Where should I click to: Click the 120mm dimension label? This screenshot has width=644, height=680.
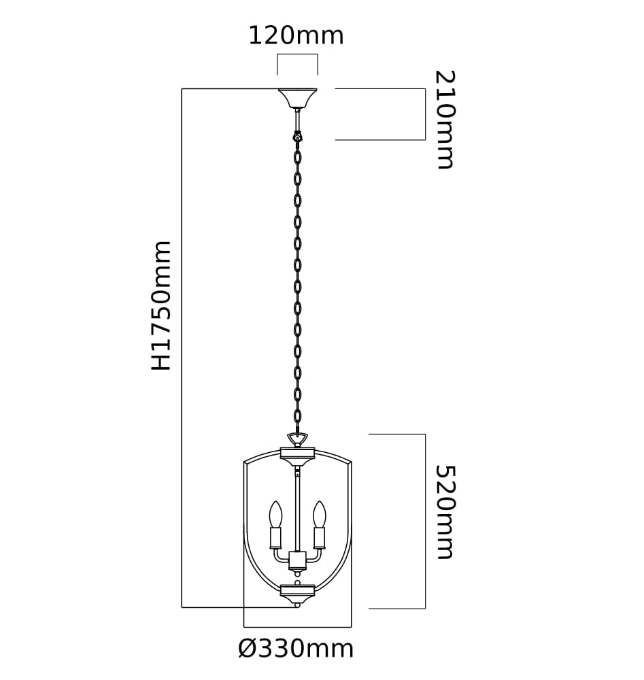(x=296, y=35)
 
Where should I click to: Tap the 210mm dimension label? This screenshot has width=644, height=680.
(x=445, y=119)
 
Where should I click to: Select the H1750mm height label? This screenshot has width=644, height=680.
(x=161, y=306)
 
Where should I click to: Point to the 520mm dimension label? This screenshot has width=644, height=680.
(x=445, y=512)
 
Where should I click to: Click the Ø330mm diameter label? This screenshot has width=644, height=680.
(x=296, y=649)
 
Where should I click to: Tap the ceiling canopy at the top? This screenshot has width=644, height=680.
(x=297, y=99)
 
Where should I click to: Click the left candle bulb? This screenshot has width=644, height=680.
(x=275, y=514)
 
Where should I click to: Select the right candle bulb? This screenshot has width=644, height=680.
(x=320, y=514)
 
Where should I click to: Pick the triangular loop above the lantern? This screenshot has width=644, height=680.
(x=297, y=439)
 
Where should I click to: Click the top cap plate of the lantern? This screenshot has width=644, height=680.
(x=297, y=454)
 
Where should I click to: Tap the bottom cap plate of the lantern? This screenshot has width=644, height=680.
(x=297, y=590)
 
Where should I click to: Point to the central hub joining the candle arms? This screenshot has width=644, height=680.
(x=297, y=561)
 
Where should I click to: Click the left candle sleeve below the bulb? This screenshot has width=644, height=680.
(x=275, y=538)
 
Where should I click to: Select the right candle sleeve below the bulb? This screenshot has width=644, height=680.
(x=320, y=538)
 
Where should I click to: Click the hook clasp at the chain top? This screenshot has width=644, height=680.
(x=297, y=136)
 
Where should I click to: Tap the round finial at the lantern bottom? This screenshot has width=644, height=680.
(x=297, y=605)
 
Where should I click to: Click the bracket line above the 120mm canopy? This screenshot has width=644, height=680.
(x=297, y=54)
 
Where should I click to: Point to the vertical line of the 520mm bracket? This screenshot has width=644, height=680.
(x=425, y=522)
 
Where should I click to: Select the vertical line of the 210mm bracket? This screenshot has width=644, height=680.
(x=425, y=114)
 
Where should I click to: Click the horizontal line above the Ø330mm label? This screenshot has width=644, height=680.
(x=297, y=627)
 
